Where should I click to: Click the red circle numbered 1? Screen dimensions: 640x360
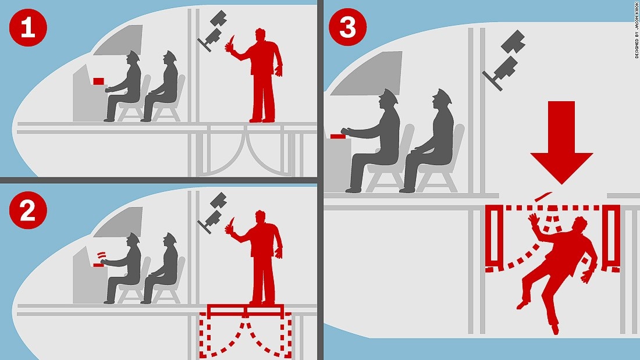tap(28, 28)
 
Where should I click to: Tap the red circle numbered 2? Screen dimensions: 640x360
tap(28, 210)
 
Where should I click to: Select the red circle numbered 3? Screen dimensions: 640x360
tap(347, 27)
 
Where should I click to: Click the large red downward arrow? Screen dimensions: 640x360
tap(561, 143)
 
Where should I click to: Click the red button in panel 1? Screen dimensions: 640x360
tap(99, 81)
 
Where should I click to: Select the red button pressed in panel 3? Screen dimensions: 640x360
tap(339, 136)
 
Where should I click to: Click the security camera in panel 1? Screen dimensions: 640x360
tap(212, 31)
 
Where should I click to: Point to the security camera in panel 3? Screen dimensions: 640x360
tap(504, 60)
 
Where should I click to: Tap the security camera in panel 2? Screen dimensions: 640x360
tap(212, 213)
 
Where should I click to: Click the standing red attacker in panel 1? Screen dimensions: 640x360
tap(261, 76)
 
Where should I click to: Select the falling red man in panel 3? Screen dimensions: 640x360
tap(560, 269)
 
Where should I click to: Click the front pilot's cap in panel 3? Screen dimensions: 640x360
tap(389, 97)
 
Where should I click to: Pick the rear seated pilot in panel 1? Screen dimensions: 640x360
tap(162, 86)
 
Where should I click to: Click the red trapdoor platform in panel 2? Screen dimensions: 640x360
tap(246, 311)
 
